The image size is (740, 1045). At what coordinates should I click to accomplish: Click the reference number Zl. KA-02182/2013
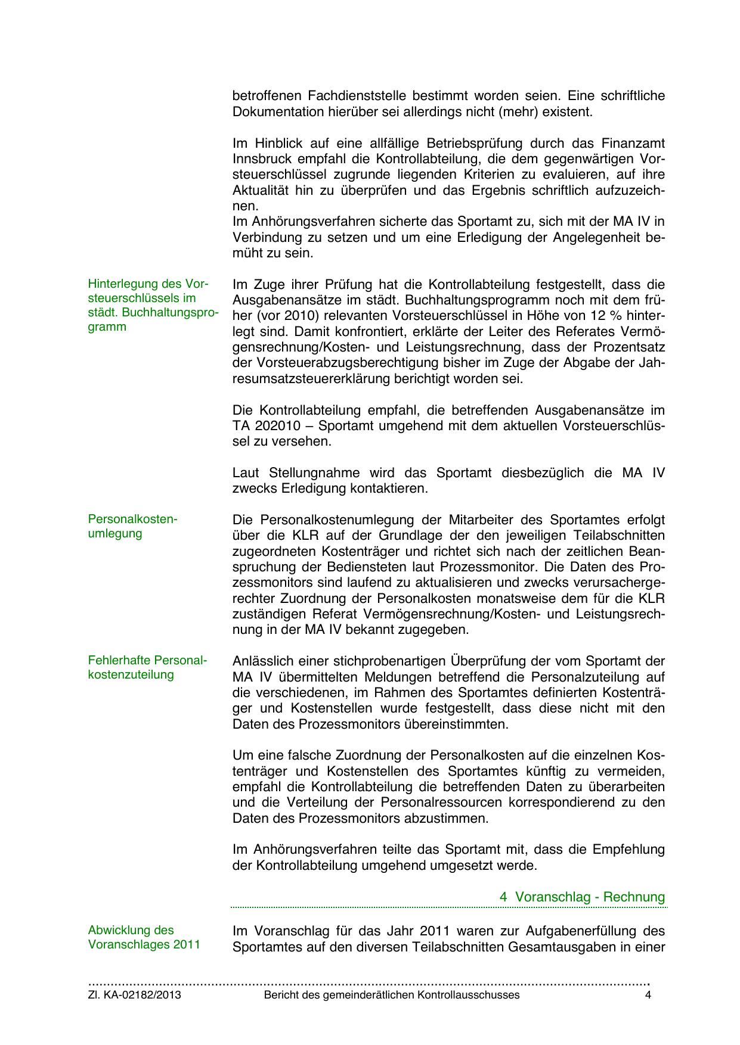pos(135,995)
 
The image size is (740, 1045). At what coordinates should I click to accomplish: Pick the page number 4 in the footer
pos(648,995)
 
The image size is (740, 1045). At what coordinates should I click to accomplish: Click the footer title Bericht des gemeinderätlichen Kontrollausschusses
pos(392,995)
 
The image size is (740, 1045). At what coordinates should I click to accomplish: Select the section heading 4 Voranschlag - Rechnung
pos(582,897)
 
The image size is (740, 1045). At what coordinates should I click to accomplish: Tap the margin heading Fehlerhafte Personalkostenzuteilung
pos(147,668)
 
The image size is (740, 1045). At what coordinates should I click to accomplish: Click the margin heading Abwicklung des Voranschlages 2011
pos(144,937)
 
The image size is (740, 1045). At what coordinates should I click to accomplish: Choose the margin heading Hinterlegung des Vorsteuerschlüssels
pos(153,305)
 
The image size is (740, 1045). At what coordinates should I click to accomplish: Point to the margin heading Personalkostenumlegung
pos(132,526)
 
